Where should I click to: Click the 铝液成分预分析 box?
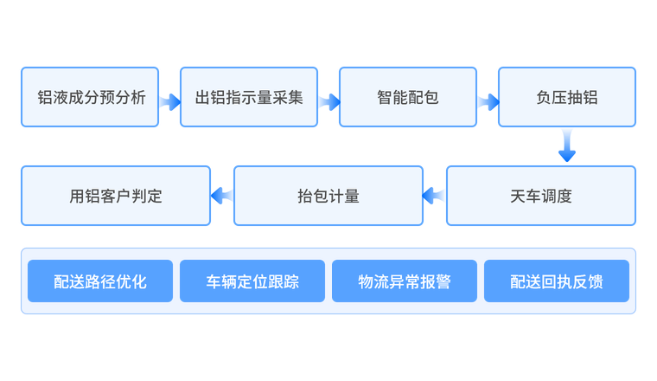click(x=90, y=97)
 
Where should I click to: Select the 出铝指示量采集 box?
click(x=249, y=97)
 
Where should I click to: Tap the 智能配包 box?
click(x=408, y=97)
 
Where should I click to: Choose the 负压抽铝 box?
click(x=567, y=97)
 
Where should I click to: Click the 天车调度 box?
click(x=541, y=196)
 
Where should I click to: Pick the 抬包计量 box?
click(x=328, y=196)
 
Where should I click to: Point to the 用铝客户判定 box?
click(x=116, y=196)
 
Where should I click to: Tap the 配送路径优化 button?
click(x=100, y=281)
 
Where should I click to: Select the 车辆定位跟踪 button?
click(x=252, y=281)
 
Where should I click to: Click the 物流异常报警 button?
click(x=405, y=281)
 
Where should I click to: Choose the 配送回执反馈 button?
click(x=557, y=281)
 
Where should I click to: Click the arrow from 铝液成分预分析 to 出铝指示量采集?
click(x=169, y=102)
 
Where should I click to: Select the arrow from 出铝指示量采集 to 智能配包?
click(x=328, y=102)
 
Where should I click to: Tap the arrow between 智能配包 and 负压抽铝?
click(x=488, y=102)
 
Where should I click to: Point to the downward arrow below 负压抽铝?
click(x=567, y=145)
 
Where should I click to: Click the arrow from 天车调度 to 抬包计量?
click(x=435, y=196)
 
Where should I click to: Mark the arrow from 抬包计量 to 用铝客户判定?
click(x=222, y=196)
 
